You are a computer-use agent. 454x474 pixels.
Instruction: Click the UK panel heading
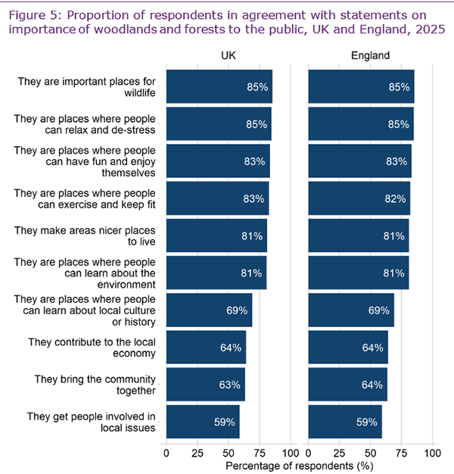click(x=229, y=55)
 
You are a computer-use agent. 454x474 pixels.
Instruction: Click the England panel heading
click(x=371, y=55)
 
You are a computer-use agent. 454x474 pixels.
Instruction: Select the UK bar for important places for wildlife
click(x=219, y=87)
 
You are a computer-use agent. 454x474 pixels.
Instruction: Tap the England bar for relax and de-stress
click(x=360, y=124)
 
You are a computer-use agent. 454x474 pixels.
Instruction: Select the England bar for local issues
click(x=345, y=422)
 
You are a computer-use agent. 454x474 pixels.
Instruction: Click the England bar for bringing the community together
click(x=347, y=385)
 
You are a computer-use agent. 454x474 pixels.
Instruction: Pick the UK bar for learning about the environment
click(x=216, y=273)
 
